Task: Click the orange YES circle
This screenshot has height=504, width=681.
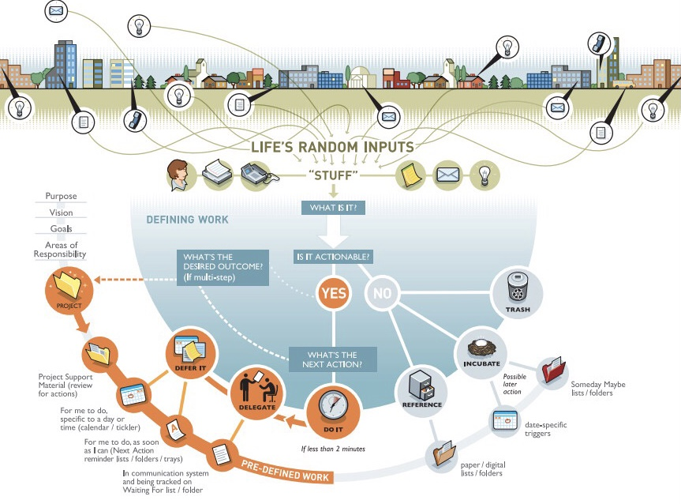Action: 333,294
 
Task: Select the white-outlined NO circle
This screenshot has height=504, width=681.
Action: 382,294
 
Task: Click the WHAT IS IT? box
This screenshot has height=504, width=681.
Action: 332,208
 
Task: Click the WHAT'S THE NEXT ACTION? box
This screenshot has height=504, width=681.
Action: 332,360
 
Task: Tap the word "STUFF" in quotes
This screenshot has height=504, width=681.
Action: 332,175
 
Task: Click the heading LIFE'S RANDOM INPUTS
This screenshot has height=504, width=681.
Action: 332,148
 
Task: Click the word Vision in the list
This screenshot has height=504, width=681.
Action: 61,213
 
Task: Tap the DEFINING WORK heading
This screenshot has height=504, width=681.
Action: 187,220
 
